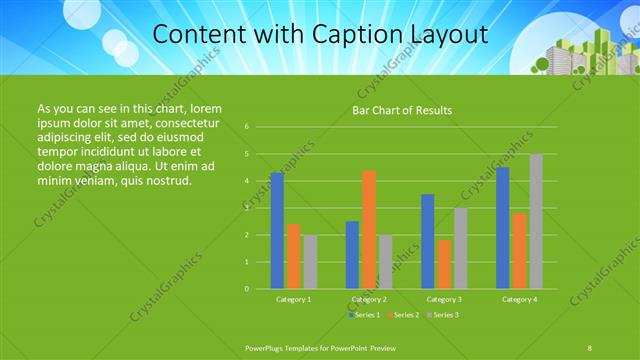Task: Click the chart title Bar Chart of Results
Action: (x=401, y=110)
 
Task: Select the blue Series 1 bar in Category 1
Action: (x=277, y=231)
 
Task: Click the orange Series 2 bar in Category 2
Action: (x=369, y=229)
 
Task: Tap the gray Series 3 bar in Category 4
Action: (x=536, y=222)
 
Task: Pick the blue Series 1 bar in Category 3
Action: (x=428, y=241)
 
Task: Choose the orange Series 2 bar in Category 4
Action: (x=520, y=251)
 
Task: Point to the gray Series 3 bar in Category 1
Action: (x=310, y=262)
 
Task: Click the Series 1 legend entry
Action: (x=364, y=315)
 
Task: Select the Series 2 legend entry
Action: (x=402, y=315)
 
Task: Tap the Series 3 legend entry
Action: (x=441, y=315)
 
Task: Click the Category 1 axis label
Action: (x=294, y=299)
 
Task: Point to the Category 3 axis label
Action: (x=444, y=299)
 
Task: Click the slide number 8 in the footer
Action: (x=589, y=346)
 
